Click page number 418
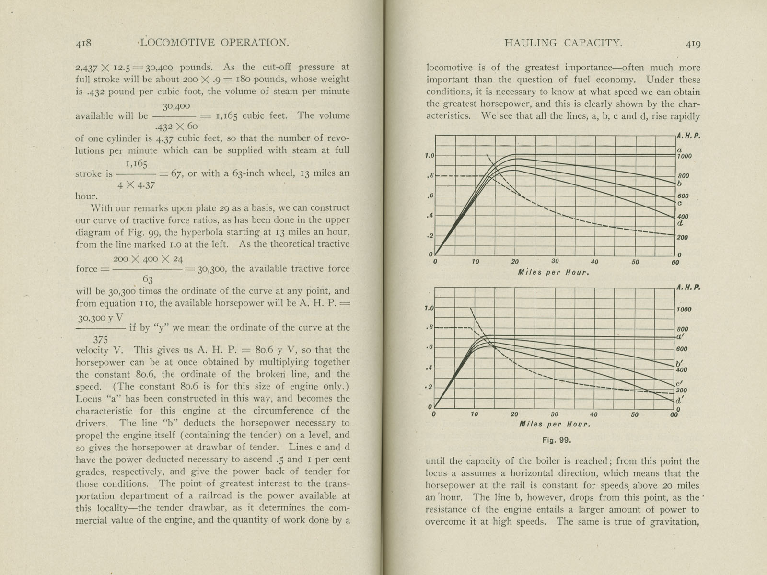pyautogui.click(x=83, y=43)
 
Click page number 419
pyautogui.click(x=693, y=44)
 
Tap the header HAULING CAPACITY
pyautogui.click(x=563, y=43)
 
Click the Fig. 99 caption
pyautogui.click(x=557, y=440)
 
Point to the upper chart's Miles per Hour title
pyautogui.click(x=553, y=272)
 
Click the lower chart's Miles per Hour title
pyautogui.click(x=554, y=424)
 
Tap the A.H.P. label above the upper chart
pyautogui.click(x=688, y=136)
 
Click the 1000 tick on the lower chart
pyautogui.click(x=684, y=310)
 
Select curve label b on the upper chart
pyautogui.click(x=680, y=184)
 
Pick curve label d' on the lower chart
pyautogui.click(x=680, y=400)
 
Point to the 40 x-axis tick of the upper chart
pyautogui.click(x=594, y=262)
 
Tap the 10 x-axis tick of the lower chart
pyautogui.click(x=474, y=414)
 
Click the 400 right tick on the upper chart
pyautogui.click(x=683, y=217)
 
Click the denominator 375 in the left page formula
pyautogui.click(x=100, y=339)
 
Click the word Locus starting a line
pyautogui.click(x=89, y=399)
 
